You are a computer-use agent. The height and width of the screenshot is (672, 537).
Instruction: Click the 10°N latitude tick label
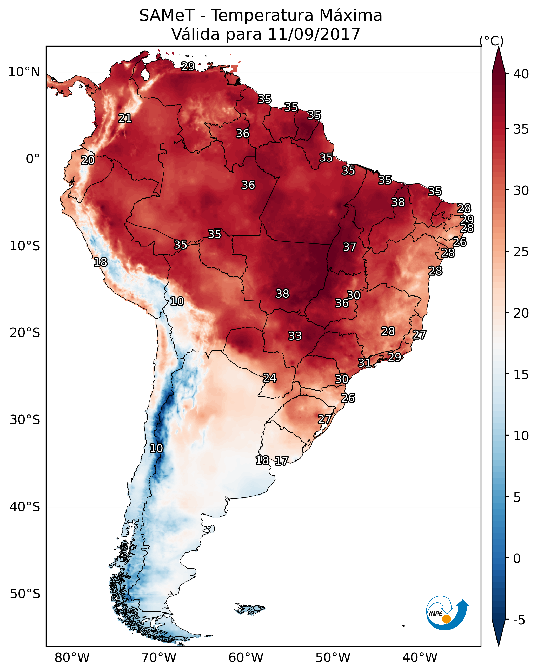[24, 72]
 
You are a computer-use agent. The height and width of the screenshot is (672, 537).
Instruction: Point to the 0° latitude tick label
[33, 159]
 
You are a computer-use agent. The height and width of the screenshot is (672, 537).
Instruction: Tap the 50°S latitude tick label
[25, 594]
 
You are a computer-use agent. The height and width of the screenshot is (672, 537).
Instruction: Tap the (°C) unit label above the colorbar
[492, 41]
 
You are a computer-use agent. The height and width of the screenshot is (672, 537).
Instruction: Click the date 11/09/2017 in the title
[314, 34]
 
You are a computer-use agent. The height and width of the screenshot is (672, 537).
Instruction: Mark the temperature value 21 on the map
[125, 118]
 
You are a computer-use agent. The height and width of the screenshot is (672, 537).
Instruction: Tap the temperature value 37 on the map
[349, 247]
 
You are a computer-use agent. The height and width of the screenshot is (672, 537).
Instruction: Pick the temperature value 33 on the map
[295, 336]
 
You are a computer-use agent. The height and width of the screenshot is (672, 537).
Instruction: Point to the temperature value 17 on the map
[281, 461]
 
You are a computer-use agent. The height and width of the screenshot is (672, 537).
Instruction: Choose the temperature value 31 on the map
[364, 363]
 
